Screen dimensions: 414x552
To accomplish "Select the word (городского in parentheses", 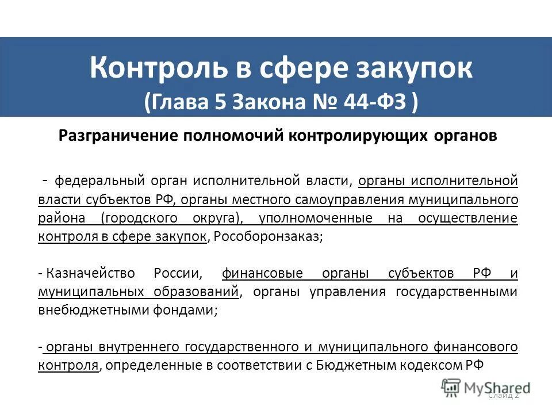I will click(137, 218).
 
